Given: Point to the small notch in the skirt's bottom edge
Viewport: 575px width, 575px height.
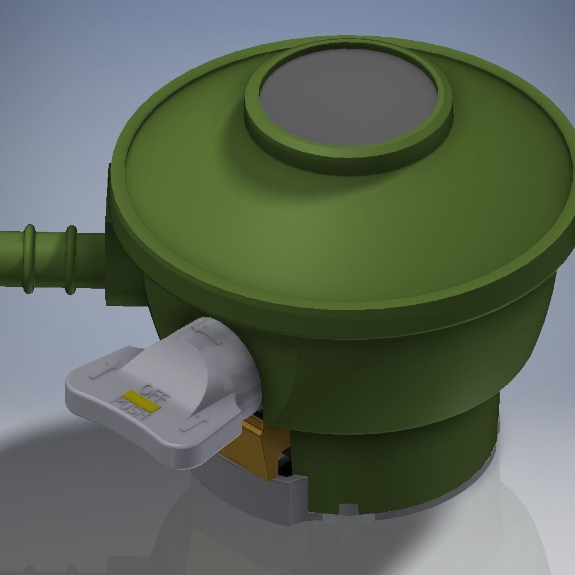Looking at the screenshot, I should [348, 509].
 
